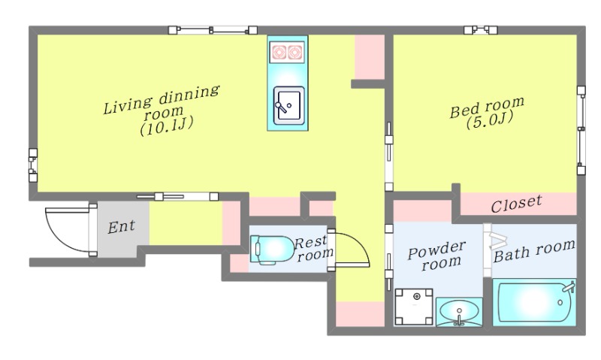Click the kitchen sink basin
tap(289, 105)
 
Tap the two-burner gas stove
tap(287, 52)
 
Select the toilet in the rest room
tap(272, 250)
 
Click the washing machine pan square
tap(414, 307)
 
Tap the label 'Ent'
tap(121, 227)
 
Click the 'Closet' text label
tap(516, 204)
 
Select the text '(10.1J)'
tap(166, 126)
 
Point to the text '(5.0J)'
tap(490, 120)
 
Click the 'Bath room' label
tap(534, 251)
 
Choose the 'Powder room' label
tap(437, 256)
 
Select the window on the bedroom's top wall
tap(480, 30)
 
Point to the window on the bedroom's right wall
tap(581, 130)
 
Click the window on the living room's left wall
tap(33, 165)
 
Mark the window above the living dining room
tap(213, 30)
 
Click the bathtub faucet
tap(569, 287)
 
